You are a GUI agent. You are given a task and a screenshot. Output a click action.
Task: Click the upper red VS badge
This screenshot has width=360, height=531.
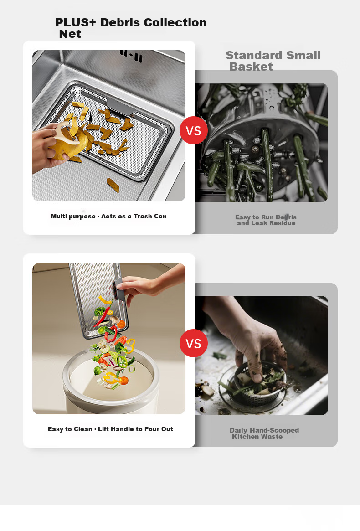[x=193, y=130]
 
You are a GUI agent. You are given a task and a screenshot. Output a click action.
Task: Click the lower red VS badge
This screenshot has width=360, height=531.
[x=193, y=343]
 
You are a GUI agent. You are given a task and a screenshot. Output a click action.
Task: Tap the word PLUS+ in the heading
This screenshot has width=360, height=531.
[x=76, y=23]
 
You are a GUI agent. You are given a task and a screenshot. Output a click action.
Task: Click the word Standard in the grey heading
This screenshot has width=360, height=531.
[x=250, y=55]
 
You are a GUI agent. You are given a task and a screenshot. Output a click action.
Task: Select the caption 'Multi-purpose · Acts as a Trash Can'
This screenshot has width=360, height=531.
[x=109, y=216]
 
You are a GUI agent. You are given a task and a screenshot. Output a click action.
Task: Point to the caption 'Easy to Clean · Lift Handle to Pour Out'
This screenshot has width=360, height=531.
[x=110, y=429]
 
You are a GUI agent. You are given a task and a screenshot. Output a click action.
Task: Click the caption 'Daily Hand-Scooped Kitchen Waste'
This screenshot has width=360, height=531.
[x=264, y=433]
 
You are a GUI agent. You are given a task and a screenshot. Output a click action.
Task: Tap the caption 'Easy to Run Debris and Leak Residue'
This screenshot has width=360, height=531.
[x=266, y=220]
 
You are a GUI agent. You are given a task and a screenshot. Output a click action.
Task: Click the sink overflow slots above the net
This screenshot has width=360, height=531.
[x=131, y=56]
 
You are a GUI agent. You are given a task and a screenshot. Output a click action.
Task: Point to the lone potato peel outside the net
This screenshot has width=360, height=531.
[x=113, y=185]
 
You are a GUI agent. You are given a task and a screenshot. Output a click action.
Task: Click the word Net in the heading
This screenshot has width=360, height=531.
[x=70, y=34]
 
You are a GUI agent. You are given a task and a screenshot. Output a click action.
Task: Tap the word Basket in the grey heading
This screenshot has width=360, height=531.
[x=251, y=67]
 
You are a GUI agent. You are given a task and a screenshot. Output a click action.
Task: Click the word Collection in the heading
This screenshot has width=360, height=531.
[x=175, y=23]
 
